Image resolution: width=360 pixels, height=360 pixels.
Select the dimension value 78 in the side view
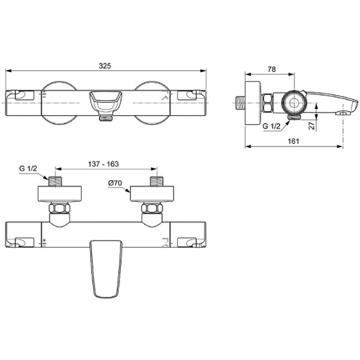coord(271,70)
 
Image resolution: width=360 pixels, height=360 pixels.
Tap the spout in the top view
coord(106,267)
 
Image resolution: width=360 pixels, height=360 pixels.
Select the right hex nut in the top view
coord(153,209)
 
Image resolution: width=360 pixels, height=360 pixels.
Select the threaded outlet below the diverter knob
coord(106,119)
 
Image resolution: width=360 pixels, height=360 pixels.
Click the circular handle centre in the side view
coord(295,103)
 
